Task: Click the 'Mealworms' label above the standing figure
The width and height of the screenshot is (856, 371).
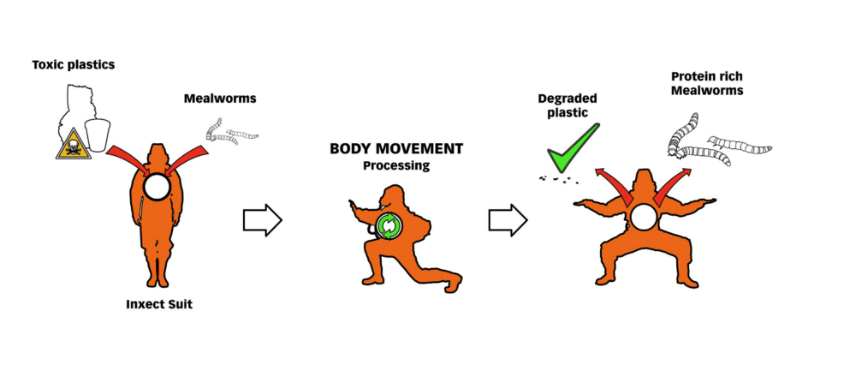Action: pyautogui.click(x=220, y=99)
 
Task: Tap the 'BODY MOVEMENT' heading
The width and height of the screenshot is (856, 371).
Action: pyautogui.click(x=396, y=149)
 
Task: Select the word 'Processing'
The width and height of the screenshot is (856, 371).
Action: pyautogui.click(x=396, y=165)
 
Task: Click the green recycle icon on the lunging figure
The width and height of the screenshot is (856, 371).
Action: pyautogui.click(x=389, y=226)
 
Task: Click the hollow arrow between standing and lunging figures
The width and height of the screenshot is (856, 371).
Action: pyautogui.click(x=263, y=221)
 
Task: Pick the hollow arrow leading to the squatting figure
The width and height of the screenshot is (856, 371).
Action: pyautogui.click(x=508, y=221)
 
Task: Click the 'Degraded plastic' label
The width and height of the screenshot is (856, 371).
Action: pyautogui.click(x=568, y=105)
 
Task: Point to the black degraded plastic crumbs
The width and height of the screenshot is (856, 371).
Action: pyautogui.click(x=559, y=179)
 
